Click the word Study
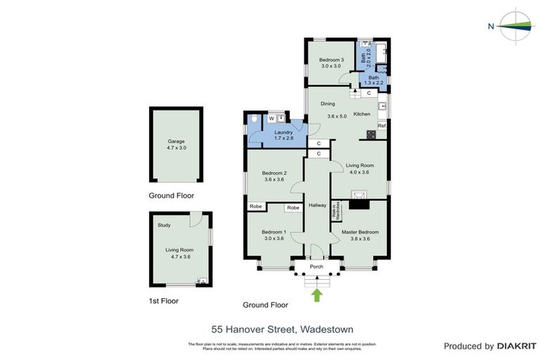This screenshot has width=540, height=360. coord(164,226)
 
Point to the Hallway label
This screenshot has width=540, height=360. coord(317,205)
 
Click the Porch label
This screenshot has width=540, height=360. coord(316,266)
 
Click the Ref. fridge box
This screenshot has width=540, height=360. coord(382,126)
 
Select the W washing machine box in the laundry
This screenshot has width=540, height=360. coord(271,119)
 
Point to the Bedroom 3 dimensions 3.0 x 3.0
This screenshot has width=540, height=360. coord(331,67)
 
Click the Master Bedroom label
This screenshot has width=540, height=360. coord(360,232)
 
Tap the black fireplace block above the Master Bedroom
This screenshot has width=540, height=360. coord(359,205)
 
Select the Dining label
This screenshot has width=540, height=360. coord(328,104)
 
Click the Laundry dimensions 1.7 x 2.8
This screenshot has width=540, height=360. coord(283,139)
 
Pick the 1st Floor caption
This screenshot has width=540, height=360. coord(164,301)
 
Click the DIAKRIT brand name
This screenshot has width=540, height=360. coord(517,346)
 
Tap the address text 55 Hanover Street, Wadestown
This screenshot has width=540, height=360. coord(282,329)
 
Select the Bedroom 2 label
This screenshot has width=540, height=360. coord(274,173)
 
